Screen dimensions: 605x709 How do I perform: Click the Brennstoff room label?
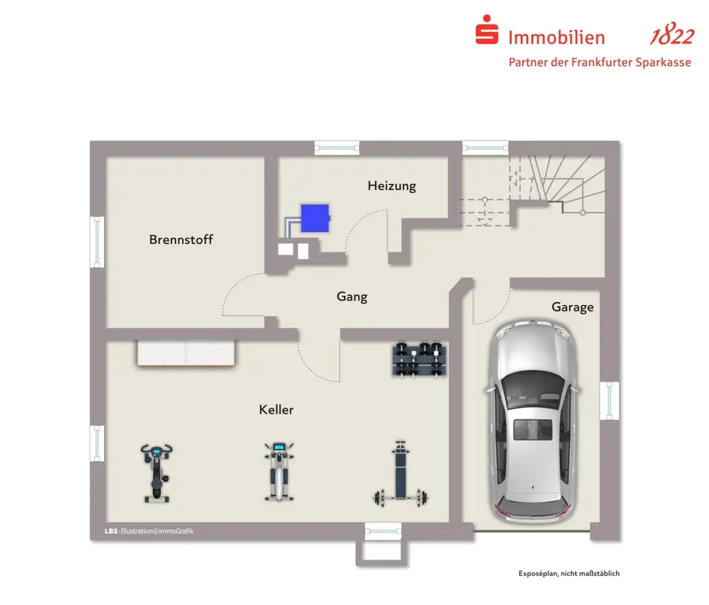click(181, 240)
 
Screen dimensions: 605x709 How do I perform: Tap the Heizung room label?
click(391, 186)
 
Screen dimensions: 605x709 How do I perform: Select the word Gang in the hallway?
click(352, 296)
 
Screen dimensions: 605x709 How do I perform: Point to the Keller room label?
click(276, 410)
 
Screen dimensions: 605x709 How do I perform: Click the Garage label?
click(572, 307)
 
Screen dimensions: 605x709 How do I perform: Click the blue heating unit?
click(316, 218)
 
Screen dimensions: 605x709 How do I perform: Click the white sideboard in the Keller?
click(185, 353)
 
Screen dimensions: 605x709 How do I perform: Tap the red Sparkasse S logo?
click(486, 32)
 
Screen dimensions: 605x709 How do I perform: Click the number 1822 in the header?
click(671, 37)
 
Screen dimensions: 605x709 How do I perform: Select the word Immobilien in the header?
click(557, 38)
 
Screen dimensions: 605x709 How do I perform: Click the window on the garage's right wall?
click(609, 401)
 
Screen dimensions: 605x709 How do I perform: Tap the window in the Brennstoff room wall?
click(98, 242)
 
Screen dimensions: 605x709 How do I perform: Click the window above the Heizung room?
click(337, 148)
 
